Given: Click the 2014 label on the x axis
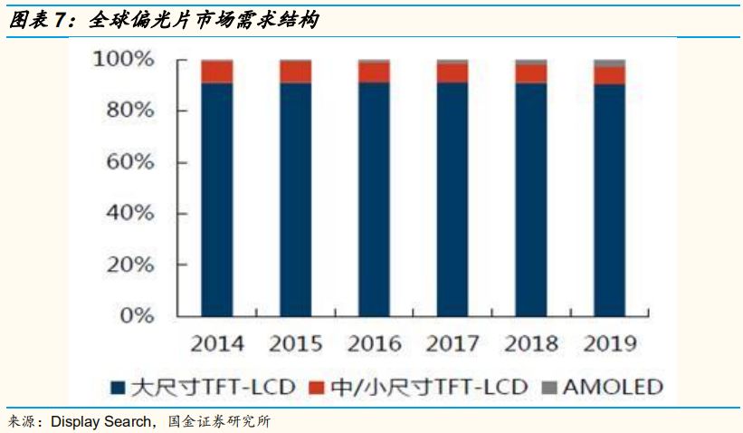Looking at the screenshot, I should [217, 344].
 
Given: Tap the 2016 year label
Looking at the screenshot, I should [375, 344].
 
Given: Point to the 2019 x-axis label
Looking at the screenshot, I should [609, 344].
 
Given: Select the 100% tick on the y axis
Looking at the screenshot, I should [124, 60].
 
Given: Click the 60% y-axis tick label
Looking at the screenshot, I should [130, 162].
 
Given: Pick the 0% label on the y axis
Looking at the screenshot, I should [137, 316].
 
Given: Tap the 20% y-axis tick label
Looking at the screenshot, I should [130, 265].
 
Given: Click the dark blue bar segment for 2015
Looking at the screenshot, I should [296, 199].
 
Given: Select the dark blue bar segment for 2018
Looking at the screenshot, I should [530, 199].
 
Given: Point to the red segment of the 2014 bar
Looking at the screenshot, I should [217, 72].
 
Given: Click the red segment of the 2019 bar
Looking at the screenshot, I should [609, 76].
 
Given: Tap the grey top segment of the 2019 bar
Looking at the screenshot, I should [609, 63].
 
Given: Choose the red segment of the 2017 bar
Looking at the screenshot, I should [452, 72].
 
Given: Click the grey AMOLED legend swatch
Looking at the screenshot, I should [548, 388].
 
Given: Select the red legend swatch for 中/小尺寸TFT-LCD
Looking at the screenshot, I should [316, 388].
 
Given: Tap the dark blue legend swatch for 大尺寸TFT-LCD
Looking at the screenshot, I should [118, 388].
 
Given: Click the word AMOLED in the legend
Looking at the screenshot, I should [613, 388].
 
